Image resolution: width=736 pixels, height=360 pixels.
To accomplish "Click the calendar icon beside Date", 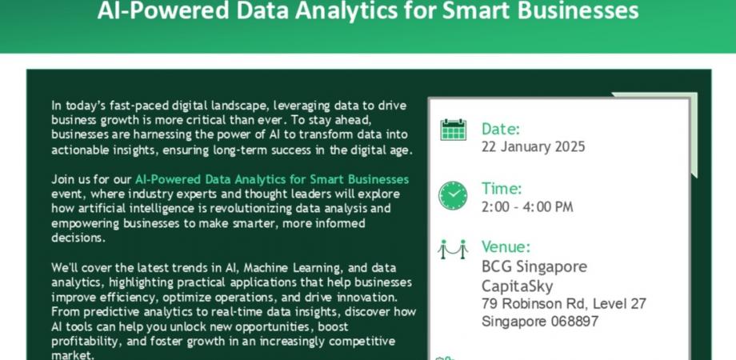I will [x=453, y=130].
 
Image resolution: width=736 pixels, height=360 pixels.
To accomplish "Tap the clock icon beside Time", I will [x=453, y=195].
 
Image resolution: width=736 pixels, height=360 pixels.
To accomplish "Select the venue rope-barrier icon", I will [x=453, y=249].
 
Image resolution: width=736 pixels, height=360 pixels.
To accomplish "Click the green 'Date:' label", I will [x=501, y=129].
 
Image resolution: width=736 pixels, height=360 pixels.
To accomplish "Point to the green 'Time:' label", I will [x=502, y=189].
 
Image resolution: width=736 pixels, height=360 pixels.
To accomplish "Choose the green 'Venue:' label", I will [x=506, y=247].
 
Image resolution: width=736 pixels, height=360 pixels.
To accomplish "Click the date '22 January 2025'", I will [x=533, y=147].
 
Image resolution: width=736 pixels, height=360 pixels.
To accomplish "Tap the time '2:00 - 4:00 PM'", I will [x=527, y=207].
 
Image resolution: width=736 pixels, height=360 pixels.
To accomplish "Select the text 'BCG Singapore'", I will [x=534, y=266].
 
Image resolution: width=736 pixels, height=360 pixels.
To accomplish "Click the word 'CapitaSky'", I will [x=517, y=286].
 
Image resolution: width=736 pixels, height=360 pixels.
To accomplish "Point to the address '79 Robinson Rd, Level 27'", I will [x=563, y=304].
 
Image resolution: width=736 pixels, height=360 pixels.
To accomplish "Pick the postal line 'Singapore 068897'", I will [x=539, y=322].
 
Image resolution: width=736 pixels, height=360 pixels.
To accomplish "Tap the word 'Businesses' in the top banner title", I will [x=563, y=11].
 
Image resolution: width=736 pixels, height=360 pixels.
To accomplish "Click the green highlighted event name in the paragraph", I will [x=272, y=179].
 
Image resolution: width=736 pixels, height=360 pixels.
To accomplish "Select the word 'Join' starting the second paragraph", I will [x=63, y=179].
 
